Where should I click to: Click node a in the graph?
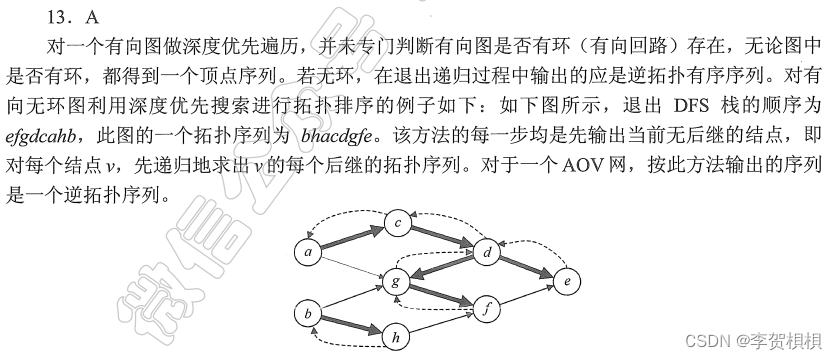[308, 253]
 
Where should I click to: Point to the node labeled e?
[567, 283]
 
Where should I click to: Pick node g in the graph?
[397, 284]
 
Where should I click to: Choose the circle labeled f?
[486, 310]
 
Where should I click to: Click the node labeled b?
[308, 316]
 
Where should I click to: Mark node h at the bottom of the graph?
[397, 338]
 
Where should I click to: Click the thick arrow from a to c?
[352, 238]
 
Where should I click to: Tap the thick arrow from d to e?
[526, 267]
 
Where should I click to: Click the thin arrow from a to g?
[352, 268]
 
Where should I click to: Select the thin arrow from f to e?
[526, 297]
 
